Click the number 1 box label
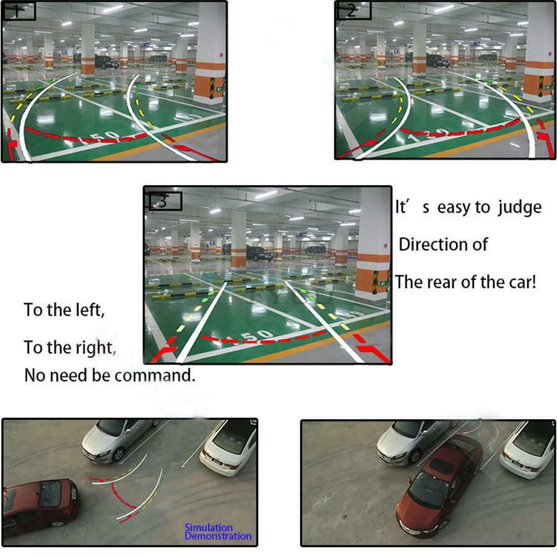(x=19, y=11)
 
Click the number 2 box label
(x=353, y=11)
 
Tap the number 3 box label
(x=165, y=201)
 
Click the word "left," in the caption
(x=90, y=310)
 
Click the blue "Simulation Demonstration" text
(x=218, y=532)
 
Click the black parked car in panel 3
(x=259, y=254)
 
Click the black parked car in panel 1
(x=106, y=62)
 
